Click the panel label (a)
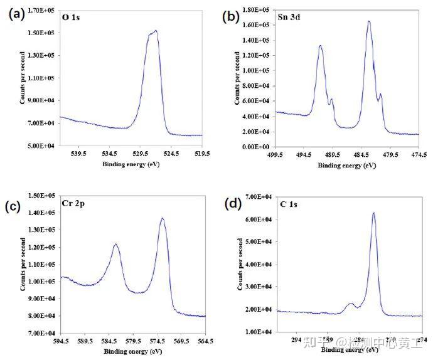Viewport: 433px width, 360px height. (16, 14)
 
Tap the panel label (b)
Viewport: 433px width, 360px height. (231, 16)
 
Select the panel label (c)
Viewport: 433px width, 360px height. (14, 206)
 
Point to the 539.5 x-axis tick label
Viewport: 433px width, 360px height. (78, 153)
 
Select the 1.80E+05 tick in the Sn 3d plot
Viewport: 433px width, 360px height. (257, 10)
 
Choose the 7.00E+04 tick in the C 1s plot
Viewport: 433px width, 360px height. (258, 197)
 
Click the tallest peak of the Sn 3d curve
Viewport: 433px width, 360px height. (369, 21)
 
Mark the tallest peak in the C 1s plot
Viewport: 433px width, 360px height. (373, 213)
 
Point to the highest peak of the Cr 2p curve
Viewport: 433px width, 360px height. (163, 218)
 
